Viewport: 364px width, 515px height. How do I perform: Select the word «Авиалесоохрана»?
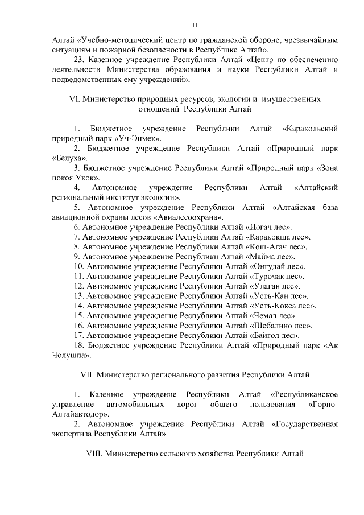188,217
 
